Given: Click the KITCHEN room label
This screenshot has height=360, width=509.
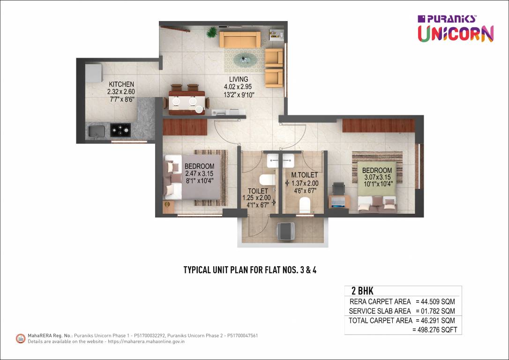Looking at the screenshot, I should click(121, 84).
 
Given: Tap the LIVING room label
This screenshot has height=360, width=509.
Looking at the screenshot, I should click(239, 79).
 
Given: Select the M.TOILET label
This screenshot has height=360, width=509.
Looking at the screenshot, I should click(304, 175).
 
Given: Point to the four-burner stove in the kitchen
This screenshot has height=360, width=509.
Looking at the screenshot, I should click(120, 130).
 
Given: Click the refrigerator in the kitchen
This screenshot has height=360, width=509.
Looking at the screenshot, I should click(94, 73).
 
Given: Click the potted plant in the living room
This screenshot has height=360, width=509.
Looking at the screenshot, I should click(212, 32).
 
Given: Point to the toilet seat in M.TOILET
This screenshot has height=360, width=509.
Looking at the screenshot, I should click(305, 204).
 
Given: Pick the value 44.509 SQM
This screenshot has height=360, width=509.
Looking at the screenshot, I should click(435, 301).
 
